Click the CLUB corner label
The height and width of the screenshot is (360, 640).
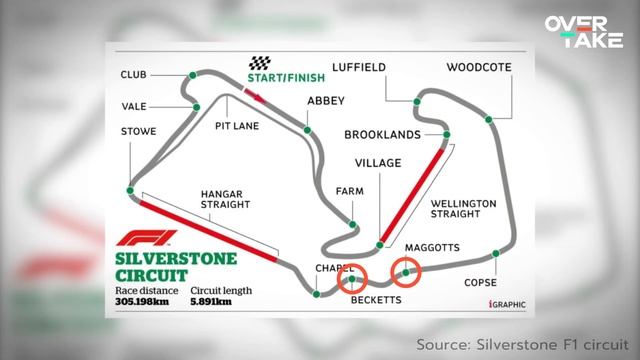click(134, 75)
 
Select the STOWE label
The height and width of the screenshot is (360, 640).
click(137, 130)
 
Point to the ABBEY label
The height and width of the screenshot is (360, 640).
click(326, 101)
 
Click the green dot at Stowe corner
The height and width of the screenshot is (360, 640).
click(130, 189)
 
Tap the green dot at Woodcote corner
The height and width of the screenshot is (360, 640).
click(489, 119)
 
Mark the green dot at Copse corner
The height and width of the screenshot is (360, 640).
click(495, 254)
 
